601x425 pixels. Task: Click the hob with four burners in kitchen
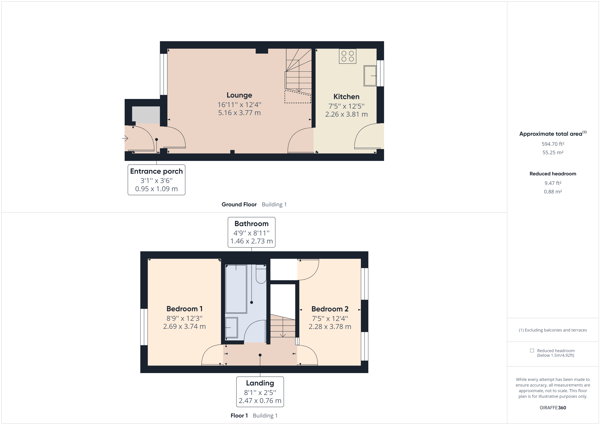coord(347,56)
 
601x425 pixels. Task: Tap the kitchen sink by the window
coord(370,76)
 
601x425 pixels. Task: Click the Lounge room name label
coord(239,95)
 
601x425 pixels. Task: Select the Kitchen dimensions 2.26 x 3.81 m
coord(346,114)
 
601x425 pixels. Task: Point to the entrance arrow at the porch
coord(125,138)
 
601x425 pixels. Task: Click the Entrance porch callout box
coord(156,180)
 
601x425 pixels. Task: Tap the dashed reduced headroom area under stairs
coord(297,97)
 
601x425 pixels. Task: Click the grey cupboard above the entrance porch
coord(146,115)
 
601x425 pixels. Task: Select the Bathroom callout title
coord(251,224)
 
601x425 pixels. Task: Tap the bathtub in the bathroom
coord(236,289)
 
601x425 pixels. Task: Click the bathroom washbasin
coord(231,327)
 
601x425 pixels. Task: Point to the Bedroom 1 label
coord(184,309)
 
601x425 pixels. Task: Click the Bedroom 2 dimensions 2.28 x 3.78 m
coord(330,327)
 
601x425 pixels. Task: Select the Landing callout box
coord(260,392)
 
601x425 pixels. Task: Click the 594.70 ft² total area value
coord(553,144)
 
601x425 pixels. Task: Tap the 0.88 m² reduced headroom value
coord(553,192)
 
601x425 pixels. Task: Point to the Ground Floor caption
coord(239,204)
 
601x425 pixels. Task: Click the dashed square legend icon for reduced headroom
coord(532,350)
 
